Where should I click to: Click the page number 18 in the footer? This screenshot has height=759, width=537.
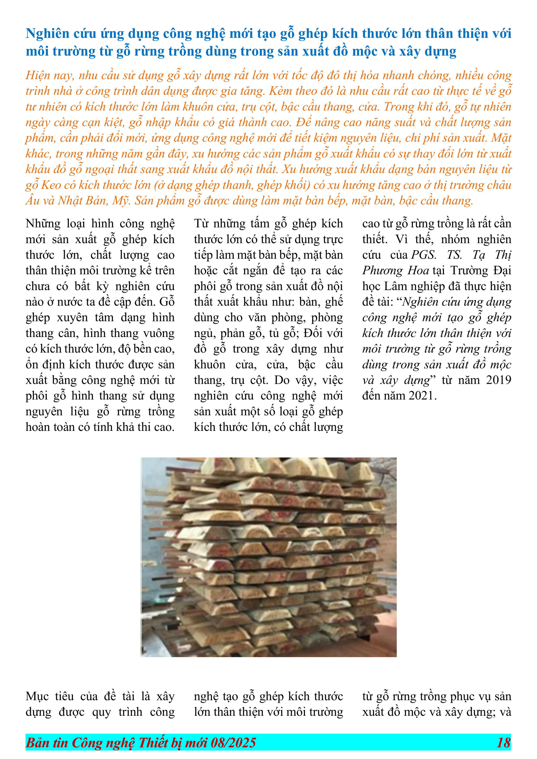click(x=503, y=743)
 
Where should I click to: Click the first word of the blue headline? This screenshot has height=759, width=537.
click(x=47, y=34)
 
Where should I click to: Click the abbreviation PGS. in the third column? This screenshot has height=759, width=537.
click(x=424, y=255)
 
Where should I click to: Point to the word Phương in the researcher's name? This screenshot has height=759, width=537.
click(x=383, y=270)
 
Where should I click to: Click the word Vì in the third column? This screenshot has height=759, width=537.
click(x=402, y=239)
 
